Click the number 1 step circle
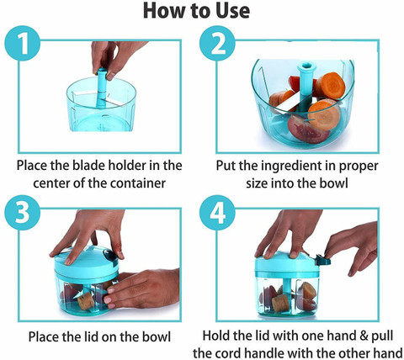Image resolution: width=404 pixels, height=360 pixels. pos(23,43)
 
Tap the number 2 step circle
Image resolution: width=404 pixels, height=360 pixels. pos(217,43)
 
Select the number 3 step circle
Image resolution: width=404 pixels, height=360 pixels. pos(23,213)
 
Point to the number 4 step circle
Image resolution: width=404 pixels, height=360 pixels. pos(217,213)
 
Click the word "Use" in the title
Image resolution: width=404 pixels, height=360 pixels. pos(232,11)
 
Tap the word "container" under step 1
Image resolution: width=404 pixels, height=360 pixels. pos(138,183)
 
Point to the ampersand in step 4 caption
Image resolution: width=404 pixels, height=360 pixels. pos(364,336)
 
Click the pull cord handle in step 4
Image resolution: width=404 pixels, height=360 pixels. pos(322,260)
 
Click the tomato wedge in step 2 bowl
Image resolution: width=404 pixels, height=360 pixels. pos(306,130)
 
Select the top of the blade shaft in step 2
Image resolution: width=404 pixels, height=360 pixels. pos(306,66)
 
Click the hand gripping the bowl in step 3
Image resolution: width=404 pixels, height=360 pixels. pos(142,289)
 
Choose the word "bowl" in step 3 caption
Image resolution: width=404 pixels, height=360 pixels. pos(157,336)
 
